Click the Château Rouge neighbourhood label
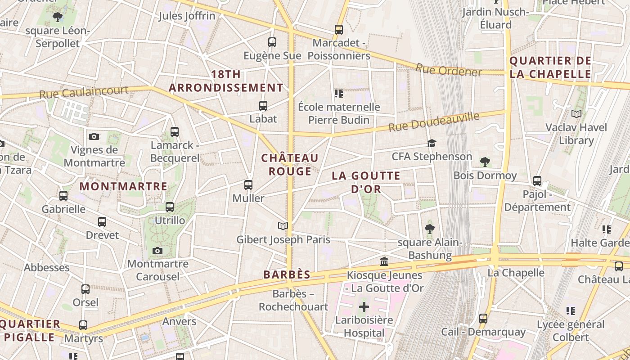(x=290, y=165)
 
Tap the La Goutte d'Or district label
(x=366, y=182)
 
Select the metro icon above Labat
(x=263, y=106)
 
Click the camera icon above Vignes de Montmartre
(x=94, y=136)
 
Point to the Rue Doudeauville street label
(x=434, y=122)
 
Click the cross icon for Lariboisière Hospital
(x=364, y=307)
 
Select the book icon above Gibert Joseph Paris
(x=283, y=226)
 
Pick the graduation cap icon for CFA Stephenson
(x=432, y=143)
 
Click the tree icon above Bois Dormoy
(x=485, y=162)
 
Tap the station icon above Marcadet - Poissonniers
(x=339, y=30)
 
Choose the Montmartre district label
(x=123, y=186)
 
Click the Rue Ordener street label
(x=449, y=70)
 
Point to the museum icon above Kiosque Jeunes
(x=384, y=261)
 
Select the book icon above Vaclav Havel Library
(x=576, y=114)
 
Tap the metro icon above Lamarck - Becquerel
(x=175, y=132)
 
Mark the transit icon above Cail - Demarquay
(x=483, y=319)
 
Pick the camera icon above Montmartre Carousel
(x=157, y=251)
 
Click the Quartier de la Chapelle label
(x=550, y=67)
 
